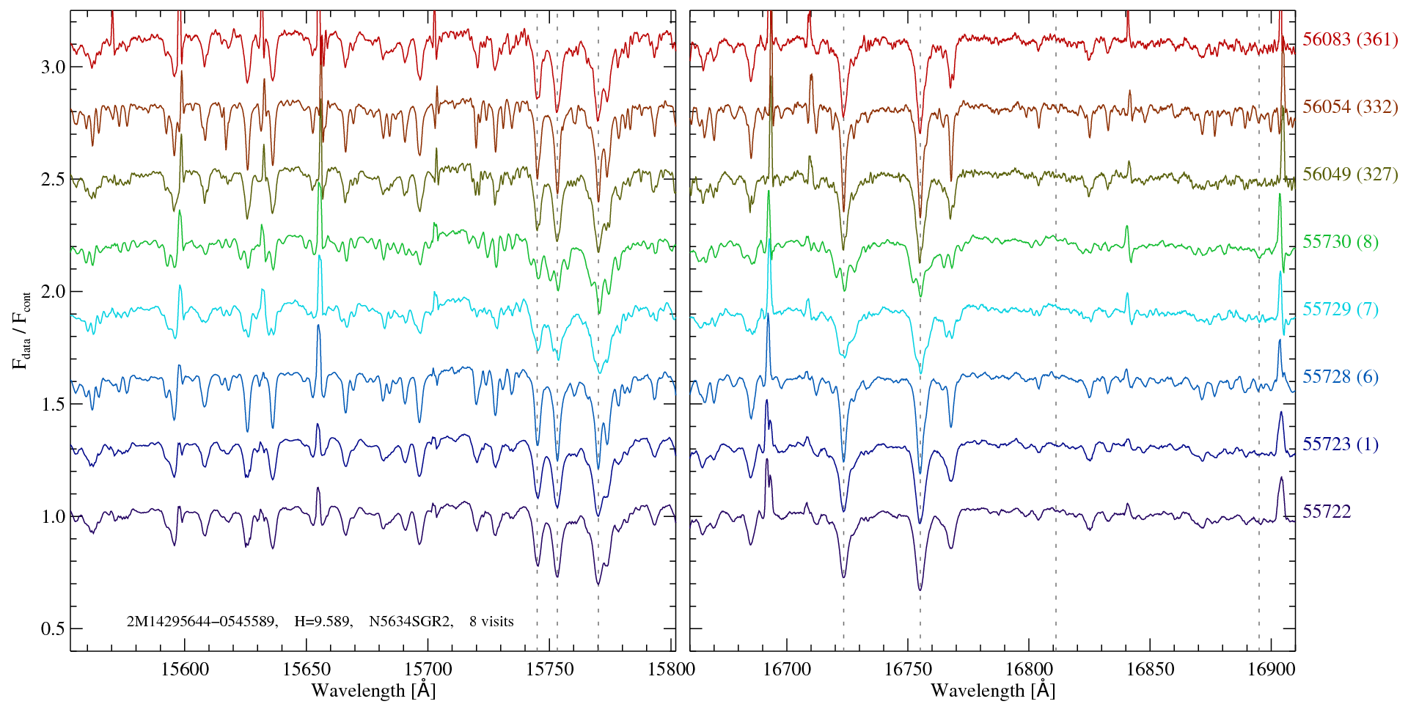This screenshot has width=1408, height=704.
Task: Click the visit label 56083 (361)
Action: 1350,40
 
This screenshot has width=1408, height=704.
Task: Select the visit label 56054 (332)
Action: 1350,107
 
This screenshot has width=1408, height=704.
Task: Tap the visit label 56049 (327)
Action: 1350,175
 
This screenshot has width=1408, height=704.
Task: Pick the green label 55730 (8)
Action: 1341,242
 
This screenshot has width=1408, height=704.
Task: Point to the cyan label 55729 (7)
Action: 1341,309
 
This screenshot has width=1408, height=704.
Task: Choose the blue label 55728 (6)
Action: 1341,377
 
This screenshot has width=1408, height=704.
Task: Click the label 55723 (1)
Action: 1341,444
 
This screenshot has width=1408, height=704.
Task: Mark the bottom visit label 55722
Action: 1327,512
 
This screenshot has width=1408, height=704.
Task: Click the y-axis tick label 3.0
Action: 53,67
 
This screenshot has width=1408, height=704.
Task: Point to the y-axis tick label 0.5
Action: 53,629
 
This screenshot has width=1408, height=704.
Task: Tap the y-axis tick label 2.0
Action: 53,292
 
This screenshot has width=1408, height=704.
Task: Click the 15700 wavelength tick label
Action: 428,670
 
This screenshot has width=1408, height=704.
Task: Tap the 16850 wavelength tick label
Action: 1149,670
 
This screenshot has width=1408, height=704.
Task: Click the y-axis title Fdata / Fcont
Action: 22,330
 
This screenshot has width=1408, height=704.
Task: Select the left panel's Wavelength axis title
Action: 373,691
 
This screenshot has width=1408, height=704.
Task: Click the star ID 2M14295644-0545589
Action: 202,622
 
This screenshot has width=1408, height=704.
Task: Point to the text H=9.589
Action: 323,622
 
